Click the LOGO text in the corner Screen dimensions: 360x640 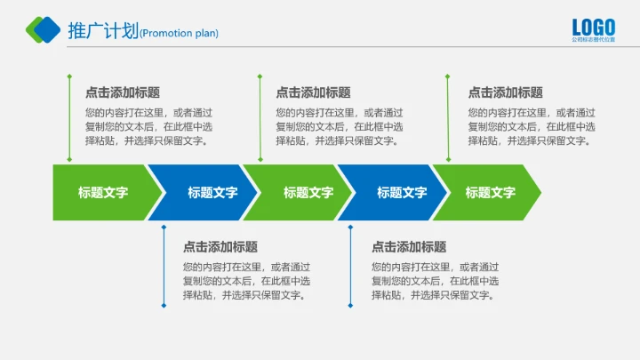point(592,27)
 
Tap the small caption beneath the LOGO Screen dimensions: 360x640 point(592,40)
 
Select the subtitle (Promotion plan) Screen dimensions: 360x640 point(179,34)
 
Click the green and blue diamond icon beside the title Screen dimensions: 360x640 point(43,30)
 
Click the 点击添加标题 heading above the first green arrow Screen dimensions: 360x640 point(122,92)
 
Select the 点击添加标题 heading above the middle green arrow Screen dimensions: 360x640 point(313,92)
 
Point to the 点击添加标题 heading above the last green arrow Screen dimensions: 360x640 point(505,92)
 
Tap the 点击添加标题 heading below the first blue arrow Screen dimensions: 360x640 point(220,247)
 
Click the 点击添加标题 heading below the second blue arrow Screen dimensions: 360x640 point(409,247)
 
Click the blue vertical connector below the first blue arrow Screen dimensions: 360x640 point(164,266)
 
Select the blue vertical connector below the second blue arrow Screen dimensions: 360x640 point(350,266)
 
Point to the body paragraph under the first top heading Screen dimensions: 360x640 point(148,126)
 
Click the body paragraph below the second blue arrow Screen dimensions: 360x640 point(435,281)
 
